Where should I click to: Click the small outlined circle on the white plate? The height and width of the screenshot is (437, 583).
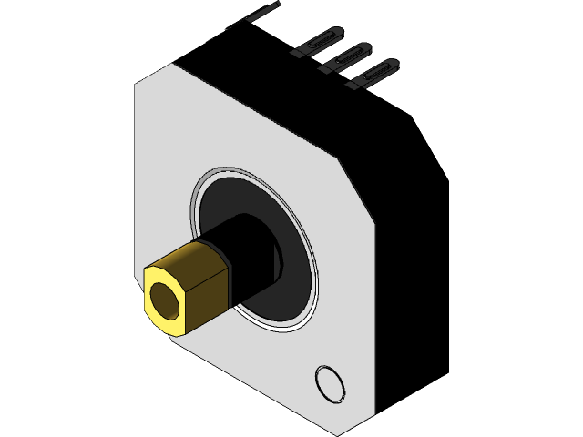point(330,382)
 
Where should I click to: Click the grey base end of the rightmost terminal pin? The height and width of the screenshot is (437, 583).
point(353,85)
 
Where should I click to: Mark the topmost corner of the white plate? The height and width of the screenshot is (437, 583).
point(170,64)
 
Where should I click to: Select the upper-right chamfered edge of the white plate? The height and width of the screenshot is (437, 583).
point(255,111)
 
